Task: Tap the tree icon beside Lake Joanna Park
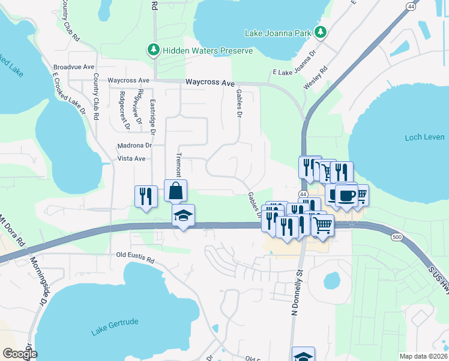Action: point(321,32)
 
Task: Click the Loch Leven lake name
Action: point(424,137)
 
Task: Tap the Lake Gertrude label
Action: point(115,327)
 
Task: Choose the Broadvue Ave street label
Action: point(74,67)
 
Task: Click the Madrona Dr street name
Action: point(132,145)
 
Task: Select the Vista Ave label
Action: point(131,159)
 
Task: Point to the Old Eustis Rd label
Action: point(135,259)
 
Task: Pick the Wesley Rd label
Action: point(315,78)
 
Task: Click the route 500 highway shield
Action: point(397,237)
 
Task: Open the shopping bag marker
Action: point(175,191)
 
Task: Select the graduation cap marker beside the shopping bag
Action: point(183,215)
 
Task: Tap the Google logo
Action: point(19,354)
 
